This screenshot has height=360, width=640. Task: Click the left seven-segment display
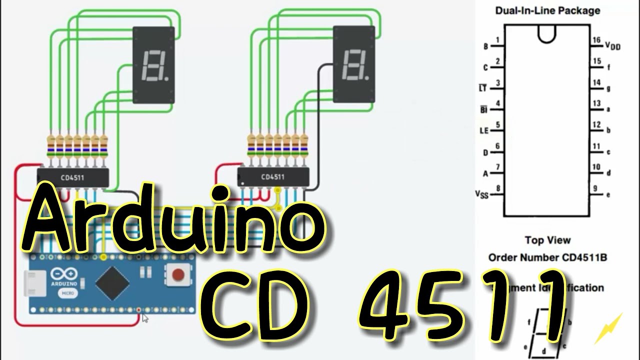pyautogui.click(x=153, y=65)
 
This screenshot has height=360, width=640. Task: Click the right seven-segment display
pyautogui.click(x=354, y=65)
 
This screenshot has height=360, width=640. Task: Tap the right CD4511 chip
pyautogui.click(x=273, y=177)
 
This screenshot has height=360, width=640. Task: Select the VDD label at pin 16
pyautogui.click(x=612, y=46)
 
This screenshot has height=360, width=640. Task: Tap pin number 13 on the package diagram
pyautogui.click(x=596, y=103)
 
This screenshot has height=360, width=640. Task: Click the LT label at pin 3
pyautogui.click(x=482, y=88)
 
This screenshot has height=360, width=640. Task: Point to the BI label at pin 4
pyautogui.click(x=483, y=109)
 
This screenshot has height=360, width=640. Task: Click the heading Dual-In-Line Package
pyautogui.click(x=547, y=10)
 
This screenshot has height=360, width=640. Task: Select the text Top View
pyautogui.click(x=547, y=240)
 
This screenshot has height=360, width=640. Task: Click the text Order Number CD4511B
pyautogui.click(x=547, y=258)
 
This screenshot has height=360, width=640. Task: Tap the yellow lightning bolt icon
pyautogui.click(x=608, y=328)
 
